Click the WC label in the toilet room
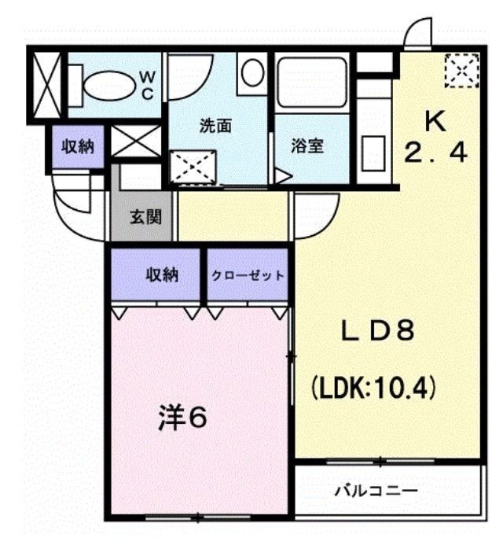point(148,86)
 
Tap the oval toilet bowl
point(109,86)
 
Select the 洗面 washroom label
point(215,126)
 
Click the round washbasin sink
point(252,72)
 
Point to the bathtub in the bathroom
point(311,83)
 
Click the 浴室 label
point(307,146)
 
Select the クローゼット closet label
point(248,275)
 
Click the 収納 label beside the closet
point(162,275)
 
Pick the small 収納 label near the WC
point(78,147)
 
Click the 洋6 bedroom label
point(182,418)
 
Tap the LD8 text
point(377,330)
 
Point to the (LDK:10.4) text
point(373,388)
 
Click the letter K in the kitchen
point(435,122)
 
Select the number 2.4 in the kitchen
point(435,153)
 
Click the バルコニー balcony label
point(376,491)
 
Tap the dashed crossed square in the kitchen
point(461,71)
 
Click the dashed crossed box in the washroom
point(193,167)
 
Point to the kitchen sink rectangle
point(373,154)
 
